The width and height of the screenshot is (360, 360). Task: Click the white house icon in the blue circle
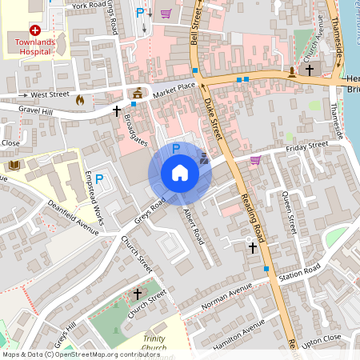(x=180, y=173)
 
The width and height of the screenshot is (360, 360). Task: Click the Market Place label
(x=174, y=86)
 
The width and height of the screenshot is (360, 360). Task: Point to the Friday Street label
(x=306, y=146)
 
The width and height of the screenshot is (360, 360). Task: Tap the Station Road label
(x=299, y=272)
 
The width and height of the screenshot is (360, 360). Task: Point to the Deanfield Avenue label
(x=71, y=218)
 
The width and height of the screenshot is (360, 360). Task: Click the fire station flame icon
(x=79, y=100)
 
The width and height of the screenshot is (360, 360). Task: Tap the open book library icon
(x=14, y=165)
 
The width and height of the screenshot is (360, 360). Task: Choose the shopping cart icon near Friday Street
(x=255, y=160)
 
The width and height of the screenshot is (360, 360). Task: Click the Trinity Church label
(x=153, y=344)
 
